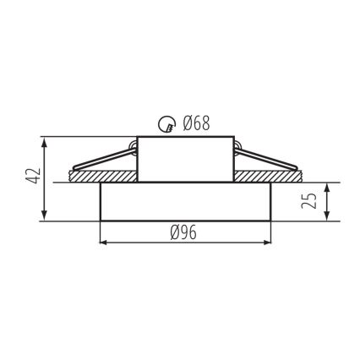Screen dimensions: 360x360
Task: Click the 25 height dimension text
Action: (311, 201)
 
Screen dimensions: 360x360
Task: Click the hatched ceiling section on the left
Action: (93, 176)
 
